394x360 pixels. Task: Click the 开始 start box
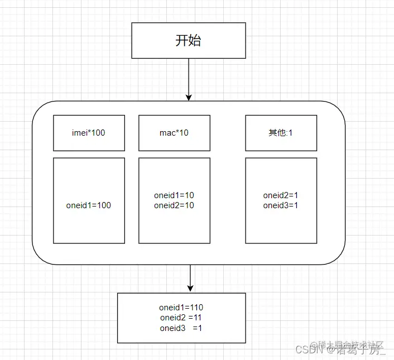pyautogui.click(x=189, y=41)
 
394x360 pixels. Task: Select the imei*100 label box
pyautogui.click(x=89, y=133)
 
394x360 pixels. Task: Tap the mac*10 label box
pyautogui.click(x=174, y=133)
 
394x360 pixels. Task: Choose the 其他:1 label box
pyautogui.click(x=281, y=133)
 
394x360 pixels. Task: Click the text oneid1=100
pyautogui.click(x=89, y=205)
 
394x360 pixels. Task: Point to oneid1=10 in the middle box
pyautogui.click(x=174, y=196)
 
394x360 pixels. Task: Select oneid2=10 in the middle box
pyautogui.click(x=174, y=205)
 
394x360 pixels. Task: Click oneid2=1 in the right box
pyautogui.click(x=281, y=196)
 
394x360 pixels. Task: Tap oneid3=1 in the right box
pyautogui.click(x=281, y=205)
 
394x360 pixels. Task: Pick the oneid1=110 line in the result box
pyautogui.click(x=181, y=308)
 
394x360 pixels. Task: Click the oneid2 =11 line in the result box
pyautogui.click(x=181, y=318)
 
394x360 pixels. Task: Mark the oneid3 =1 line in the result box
pyautogui.click(x=181, y=328)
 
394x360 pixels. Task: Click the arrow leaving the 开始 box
pyautogui.click(x=189, y=78)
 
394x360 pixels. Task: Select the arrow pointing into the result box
pyautogui.click(x=190, y=276)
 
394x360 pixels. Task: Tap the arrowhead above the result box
pyautogui.click(x=190, y=288)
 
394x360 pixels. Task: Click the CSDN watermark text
pyautogui.click(x=306, y=350)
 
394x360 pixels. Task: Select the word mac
pyautogui.click(x=166, y=133)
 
